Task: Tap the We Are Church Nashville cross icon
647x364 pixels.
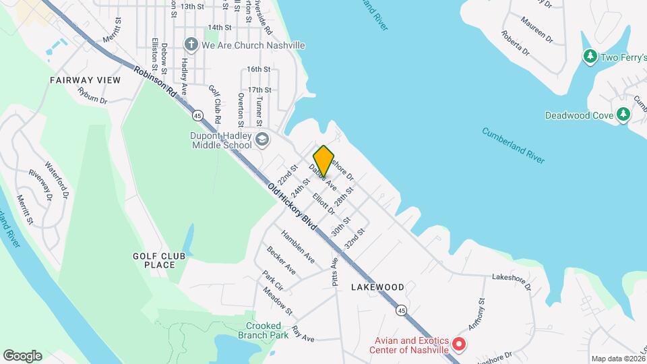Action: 191,45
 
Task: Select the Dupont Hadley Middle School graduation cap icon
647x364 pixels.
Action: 261,140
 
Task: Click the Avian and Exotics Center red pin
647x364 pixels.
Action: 459,344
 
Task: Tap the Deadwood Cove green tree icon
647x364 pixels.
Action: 623,115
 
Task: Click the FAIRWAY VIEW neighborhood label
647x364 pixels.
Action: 85,80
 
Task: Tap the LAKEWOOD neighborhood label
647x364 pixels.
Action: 377,287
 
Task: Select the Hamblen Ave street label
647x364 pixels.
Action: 298,247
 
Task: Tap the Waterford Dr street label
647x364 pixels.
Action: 57,179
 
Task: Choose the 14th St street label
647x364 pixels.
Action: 220,28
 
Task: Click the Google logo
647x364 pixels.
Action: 22,355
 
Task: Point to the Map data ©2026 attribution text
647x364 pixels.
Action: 617,359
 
